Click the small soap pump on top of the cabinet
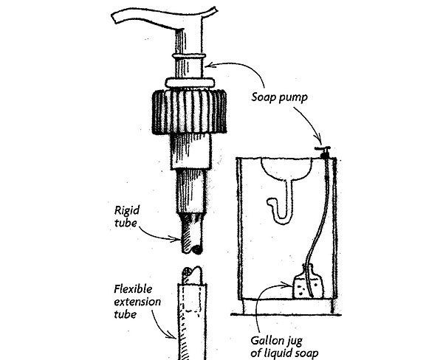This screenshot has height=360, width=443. (322, 151)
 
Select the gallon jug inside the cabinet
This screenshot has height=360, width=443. (306, 282)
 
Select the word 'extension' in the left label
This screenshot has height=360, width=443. (137, 298)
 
